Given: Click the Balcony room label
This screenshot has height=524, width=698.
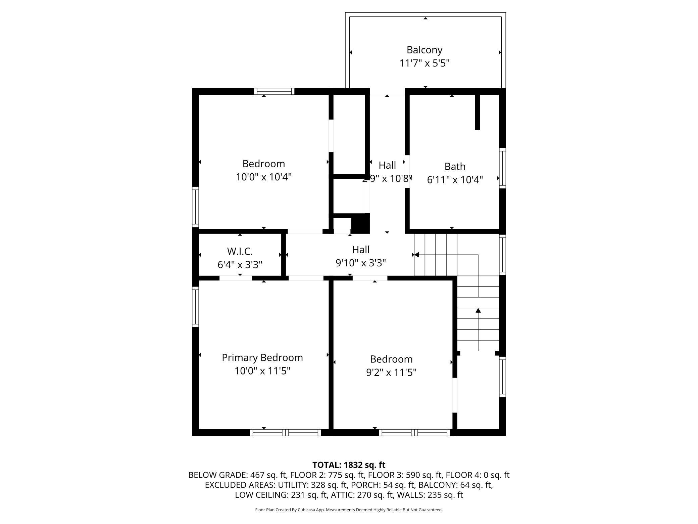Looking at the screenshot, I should [424, 50].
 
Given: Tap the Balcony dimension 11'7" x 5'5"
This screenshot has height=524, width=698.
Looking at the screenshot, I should [424, 63].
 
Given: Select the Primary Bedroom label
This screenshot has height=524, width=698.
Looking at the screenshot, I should [262, 357].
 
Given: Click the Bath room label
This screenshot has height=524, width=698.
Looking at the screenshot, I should [455, 166].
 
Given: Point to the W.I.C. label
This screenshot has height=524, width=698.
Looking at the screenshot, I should [240, 251].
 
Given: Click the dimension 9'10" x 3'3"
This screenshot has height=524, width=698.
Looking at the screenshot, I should [361, 263].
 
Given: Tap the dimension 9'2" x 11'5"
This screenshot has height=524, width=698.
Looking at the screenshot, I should [391, 372].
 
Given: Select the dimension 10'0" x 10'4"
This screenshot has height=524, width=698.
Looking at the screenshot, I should [263, 177].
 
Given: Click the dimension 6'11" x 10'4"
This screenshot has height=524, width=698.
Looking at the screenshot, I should [455, 180].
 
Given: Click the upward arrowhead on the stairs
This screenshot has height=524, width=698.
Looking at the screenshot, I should [478, 310].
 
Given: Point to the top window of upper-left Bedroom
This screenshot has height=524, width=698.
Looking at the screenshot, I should [274, 91].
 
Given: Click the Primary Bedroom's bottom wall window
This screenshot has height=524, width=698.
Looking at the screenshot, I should [285, 433].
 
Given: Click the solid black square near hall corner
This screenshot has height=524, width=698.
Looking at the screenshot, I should [360, 223].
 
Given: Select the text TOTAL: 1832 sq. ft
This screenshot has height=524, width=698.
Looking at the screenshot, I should [349, 465].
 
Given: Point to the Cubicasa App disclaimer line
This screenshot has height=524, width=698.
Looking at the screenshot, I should [349, 510].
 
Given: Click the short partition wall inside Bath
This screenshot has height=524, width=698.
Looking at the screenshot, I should [477, 112].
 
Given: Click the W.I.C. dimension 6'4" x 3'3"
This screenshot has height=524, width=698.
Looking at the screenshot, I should [240, 265].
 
